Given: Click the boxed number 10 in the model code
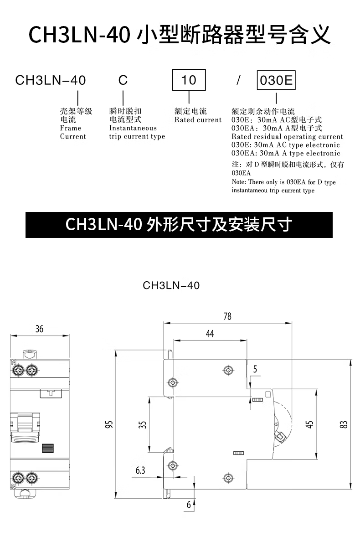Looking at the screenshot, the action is pos(188,81).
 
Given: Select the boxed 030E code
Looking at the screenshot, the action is pos(276,81).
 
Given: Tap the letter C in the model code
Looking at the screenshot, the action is pos(123,81).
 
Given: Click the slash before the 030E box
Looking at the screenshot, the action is pos(238,81).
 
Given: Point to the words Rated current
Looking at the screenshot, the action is pos(198,120).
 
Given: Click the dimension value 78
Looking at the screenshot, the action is pos(227,316).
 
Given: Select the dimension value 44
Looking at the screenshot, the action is pos(210,334).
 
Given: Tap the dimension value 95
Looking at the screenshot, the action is pos(108,425).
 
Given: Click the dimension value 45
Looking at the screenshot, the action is pos(309,424).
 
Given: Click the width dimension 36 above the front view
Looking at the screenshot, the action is pos(39,329).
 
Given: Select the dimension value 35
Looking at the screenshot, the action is pos(143,425).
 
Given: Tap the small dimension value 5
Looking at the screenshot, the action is pos(255,370).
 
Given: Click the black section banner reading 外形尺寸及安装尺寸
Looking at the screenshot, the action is pos(179,224).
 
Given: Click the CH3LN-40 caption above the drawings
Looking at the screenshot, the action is pos(171,285).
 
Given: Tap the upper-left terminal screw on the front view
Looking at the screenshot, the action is pos(20,370).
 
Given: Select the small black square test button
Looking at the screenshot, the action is pos(46,449).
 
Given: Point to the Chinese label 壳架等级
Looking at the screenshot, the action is pos(76,111).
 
